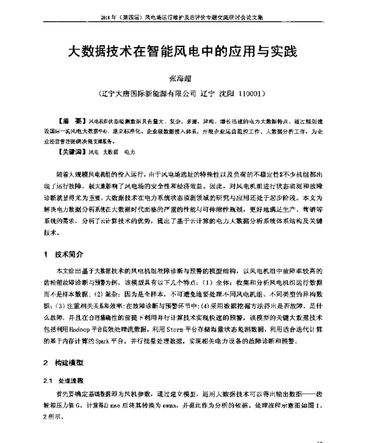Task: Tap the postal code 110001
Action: point(251,95)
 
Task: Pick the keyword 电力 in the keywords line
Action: point(129,150)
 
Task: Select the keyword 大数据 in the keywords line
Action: point(110,150)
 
